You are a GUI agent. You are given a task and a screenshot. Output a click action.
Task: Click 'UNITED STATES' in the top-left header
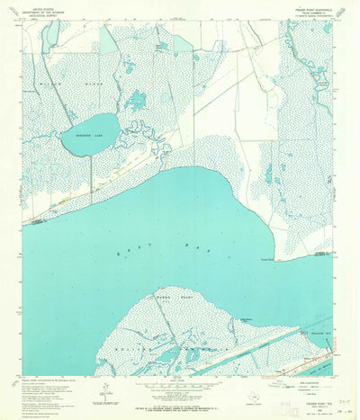coord(39,7)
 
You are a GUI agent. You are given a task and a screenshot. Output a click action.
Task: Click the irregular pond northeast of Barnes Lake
coord(137,100)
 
